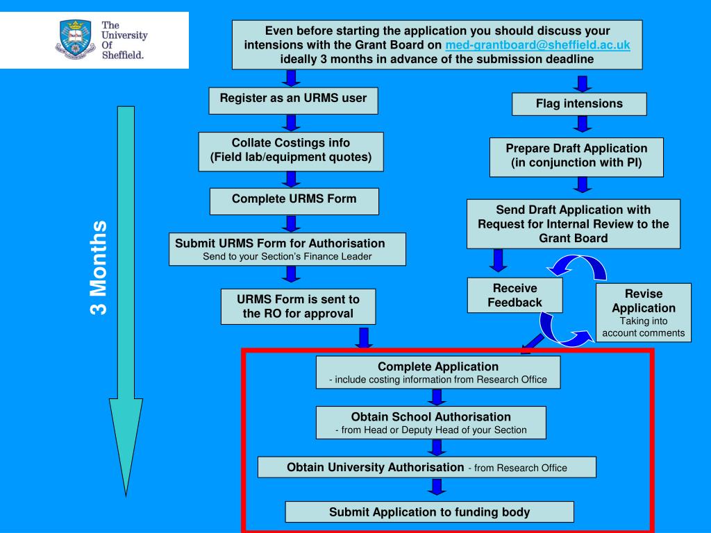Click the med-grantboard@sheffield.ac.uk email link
tap(537, 45)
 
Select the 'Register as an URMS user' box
tap(293, 99)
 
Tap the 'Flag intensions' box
tap(579, 104)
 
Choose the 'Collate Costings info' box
tap(291, 151)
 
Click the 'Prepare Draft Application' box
tap(576, 156)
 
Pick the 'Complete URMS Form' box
tap(294, 200)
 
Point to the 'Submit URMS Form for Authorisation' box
tap(287, 249)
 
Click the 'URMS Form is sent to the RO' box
tap(298, 307)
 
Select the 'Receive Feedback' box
tap(515, 296)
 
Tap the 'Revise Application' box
tap(644, 312)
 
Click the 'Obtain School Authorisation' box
tap(430, 423)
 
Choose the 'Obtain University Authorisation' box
tap(426, 467)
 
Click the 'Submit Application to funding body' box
tap(429, 512)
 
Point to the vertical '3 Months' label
tap(99, 267)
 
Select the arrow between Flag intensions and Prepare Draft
tap(583, 124)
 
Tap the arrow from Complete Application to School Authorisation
tap(436, 397)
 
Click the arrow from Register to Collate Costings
tap(292, 123)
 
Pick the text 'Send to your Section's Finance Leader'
tap(287, 257)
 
